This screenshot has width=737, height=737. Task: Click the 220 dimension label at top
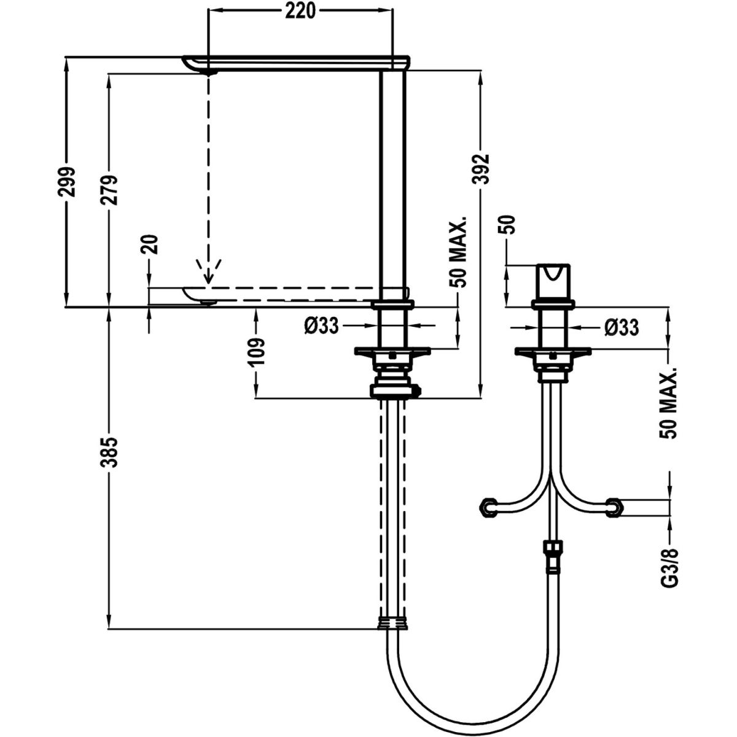pyautogui.click(x=300, y=10)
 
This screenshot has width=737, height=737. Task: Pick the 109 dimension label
pyautogui.click(x=258, y=352)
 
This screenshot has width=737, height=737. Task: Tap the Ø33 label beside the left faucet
pyautogui.click(x=321, y=326)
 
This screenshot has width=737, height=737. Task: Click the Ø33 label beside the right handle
pyautogui.click(x=621, y=327)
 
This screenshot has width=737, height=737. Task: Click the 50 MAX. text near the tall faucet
pyautogui.click(x=458, y=251)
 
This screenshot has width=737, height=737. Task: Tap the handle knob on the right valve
pyautogui.click(x=553, y=282)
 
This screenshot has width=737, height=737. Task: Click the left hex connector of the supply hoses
pyautogui.click(x=489, y=506)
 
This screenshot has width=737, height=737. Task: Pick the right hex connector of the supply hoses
pyautogui.click(x=614, y=506)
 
